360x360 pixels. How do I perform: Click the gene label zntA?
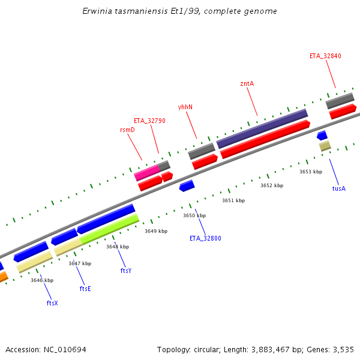tap(247, 83)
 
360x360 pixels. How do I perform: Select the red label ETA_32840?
tap(325, 56)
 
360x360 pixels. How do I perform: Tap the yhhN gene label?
tap(185, 107)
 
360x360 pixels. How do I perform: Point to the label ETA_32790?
tap(149, 121)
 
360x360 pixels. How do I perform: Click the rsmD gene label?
tap(127, 130)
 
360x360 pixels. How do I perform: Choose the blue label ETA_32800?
tap(205, 238)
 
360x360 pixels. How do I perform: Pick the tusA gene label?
tap(339, 188)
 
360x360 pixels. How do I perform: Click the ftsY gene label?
tap(125, 271)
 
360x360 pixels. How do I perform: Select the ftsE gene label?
tap(85, 289)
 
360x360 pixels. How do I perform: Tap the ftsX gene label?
tap(52, 303)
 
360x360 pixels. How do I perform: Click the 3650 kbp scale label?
tap(194, 215)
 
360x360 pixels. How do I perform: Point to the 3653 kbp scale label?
tap(311, 172)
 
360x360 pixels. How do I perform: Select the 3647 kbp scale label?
tap(80, 263)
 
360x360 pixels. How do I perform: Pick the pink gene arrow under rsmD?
tap(147, 173)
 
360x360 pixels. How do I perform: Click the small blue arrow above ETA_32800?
tap(187, 186)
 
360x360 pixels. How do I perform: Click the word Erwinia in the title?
tap(96, 11)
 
